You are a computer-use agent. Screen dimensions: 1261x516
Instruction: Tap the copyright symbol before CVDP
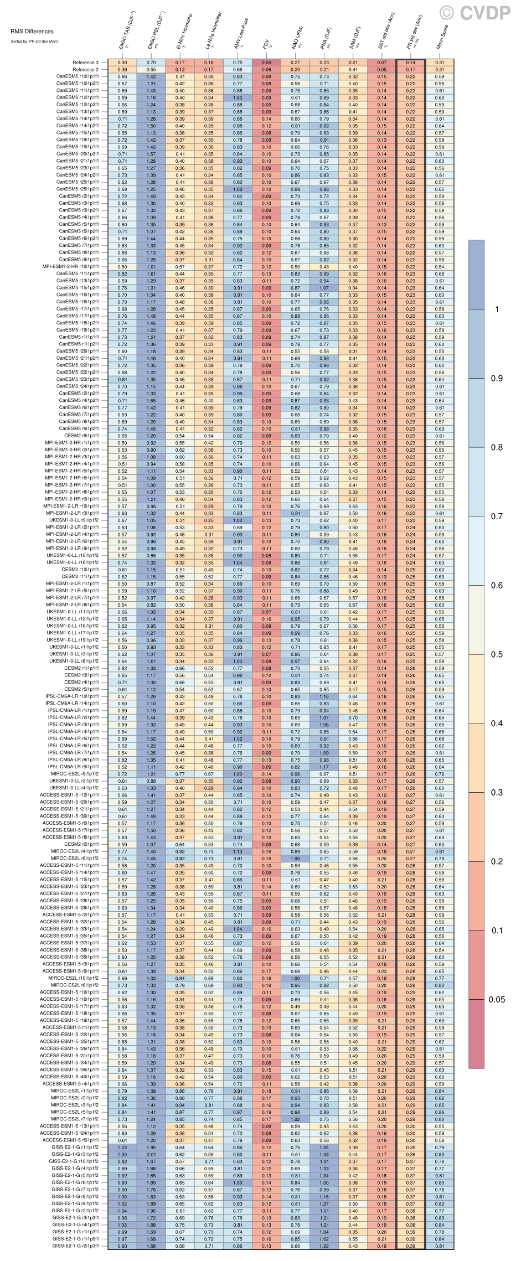point(447,12)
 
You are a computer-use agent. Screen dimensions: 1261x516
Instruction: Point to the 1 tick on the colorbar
point(497,309)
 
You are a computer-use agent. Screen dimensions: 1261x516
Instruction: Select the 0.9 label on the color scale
point(497,378)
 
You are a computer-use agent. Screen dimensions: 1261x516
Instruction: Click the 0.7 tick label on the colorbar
point(497,516)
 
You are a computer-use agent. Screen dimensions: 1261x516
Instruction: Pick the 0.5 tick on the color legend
point(497,655)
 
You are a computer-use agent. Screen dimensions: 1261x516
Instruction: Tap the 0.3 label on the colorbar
point(497,793)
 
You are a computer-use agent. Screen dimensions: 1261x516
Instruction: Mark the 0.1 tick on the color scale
point(497,931)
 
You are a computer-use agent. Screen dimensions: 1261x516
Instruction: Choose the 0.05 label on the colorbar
point(497,1000)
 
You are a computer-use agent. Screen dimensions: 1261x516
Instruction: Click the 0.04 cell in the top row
point(267,63)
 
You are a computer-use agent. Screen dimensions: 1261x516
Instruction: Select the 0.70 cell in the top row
point(151,63)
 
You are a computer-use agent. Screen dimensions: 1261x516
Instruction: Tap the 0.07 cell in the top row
point(382,63)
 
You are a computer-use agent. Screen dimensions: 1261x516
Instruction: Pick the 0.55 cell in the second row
point(151,70)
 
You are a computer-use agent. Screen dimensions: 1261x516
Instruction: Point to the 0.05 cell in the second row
point(382,70)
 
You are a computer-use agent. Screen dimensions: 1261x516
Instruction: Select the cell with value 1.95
point(151,1148)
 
